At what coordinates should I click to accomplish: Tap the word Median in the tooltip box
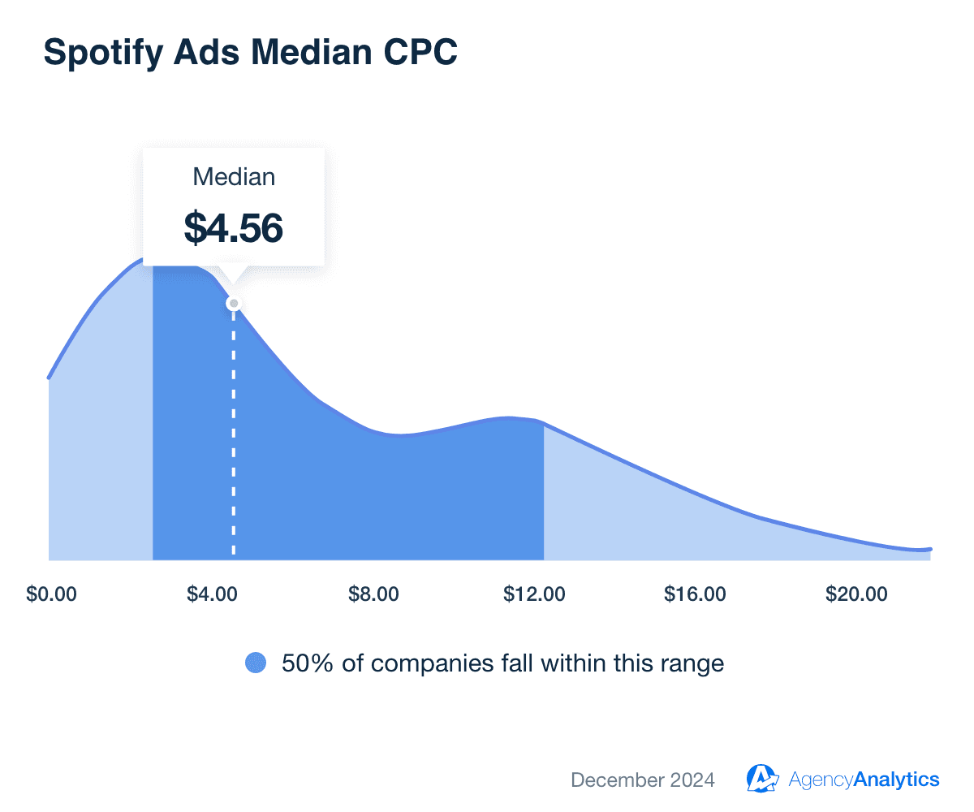(234, 177)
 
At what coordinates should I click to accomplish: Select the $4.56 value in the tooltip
(234, 227)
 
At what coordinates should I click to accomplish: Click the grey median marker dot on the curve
(234, 304)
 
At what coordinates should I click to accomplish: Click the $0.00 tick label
(51, 594)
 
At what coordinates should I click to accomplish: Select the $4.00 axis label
(212, 594)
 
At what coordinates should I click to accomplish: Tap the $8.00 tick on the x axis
(373, 594)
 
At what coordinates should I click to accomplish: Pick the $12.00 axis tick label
(534, 594)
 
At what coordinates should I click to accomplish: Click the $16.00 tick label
(696, 594)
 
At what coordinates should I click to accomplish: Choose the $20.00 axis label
(857, 594)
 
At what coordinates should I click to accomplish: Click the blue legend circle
(256, 663)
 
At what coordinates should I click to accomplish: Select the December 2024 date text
(643, 780)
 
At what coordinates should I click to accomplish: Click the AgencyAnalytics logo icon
(763, 779)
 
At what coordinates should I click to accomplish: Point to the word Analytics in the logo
(898, 780)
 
